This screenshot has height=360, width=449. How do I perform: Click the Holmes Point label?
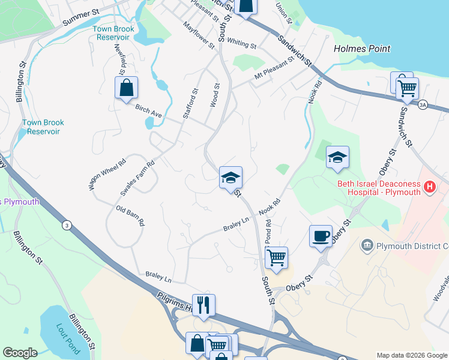(361, 49)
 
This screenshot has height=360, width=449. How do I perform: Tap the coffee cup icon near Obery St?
(320, 236)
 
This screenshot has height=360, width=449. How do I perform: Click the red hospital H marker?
(429, 187)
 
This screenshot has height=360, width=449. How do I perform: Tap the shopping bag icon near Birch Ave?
(126, 88)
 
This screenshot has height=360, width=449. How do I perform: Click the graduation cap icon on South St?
(230, 178)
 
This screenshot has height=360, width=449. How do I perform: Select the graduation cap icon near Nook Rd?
(337, 157)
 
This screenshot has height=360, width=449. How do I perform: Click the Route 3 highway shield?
(66, 225)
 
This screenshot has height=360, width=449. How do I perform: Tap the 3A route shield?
(423, 105)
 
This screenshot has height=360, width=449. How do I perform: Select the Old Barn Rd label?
(130, 215)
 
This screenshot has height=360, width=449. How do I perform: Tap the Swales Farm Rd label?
(137, 179)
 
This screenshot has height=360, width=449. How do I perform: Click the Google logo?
(19, 353)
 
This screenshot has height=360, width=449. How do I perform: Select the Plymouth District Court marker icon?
(367, 245)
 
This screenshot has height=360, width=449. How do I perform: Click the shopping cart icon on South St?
(276, 258)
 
